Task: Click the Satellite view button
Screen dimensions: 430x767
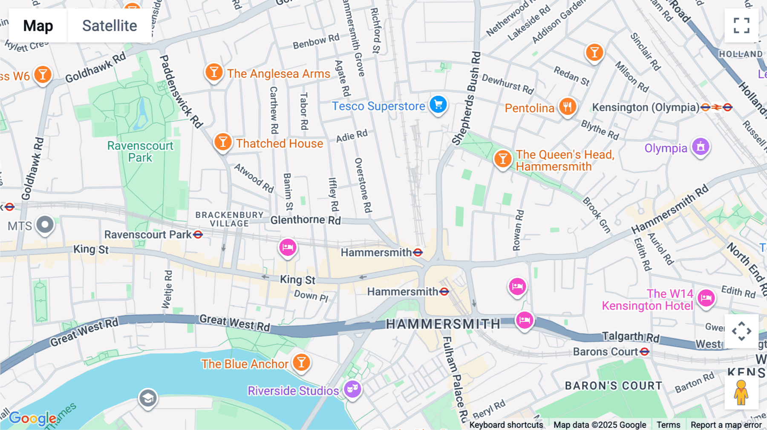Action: coord(110,26)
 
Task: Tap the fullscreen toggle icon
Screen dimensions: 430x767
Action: coord(741,26)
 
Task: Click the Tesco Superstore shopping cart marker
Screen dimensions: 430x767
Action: coord(438,104)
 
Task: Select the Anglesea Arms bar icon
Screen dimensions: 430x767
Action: coord(214,72)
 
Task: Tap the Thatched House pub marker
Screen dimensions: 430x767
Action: coord(222,142)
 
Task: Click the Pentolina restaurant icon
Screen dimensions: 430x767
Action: coord(568,106)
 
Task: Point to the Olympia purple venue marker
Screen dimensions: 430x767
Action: coord(701,147)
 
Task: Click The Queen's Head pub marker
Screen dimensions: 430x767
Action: coord(503,159)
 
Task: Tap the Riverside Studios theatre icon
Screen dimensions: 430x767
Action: coord(352,388)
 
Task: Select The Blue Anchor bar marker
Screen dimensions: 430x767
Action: coord(301,363)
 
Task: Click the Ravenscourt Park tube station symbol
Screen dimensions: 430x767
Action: coord(198,235)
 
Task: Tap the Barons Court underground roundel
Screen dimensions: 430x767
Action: coord(644,352)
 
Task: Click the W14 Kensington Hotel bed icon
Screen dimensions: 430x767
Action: coord(706,298)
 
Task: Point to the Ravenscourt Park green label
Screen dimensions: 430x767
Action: coord(140,152)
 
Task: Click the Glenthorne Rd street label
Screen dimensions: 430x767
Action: coord(306,220)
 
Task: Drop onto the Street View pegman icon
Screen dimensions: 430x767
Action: coord(741,393)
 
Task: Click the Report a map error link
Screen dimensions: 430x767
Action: coord(726,425)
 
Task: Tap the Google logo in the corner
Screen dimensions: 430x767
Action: coord(32,419)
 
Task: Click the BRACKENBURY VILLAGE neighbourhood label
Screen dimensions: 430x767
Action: coord(229,219)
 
